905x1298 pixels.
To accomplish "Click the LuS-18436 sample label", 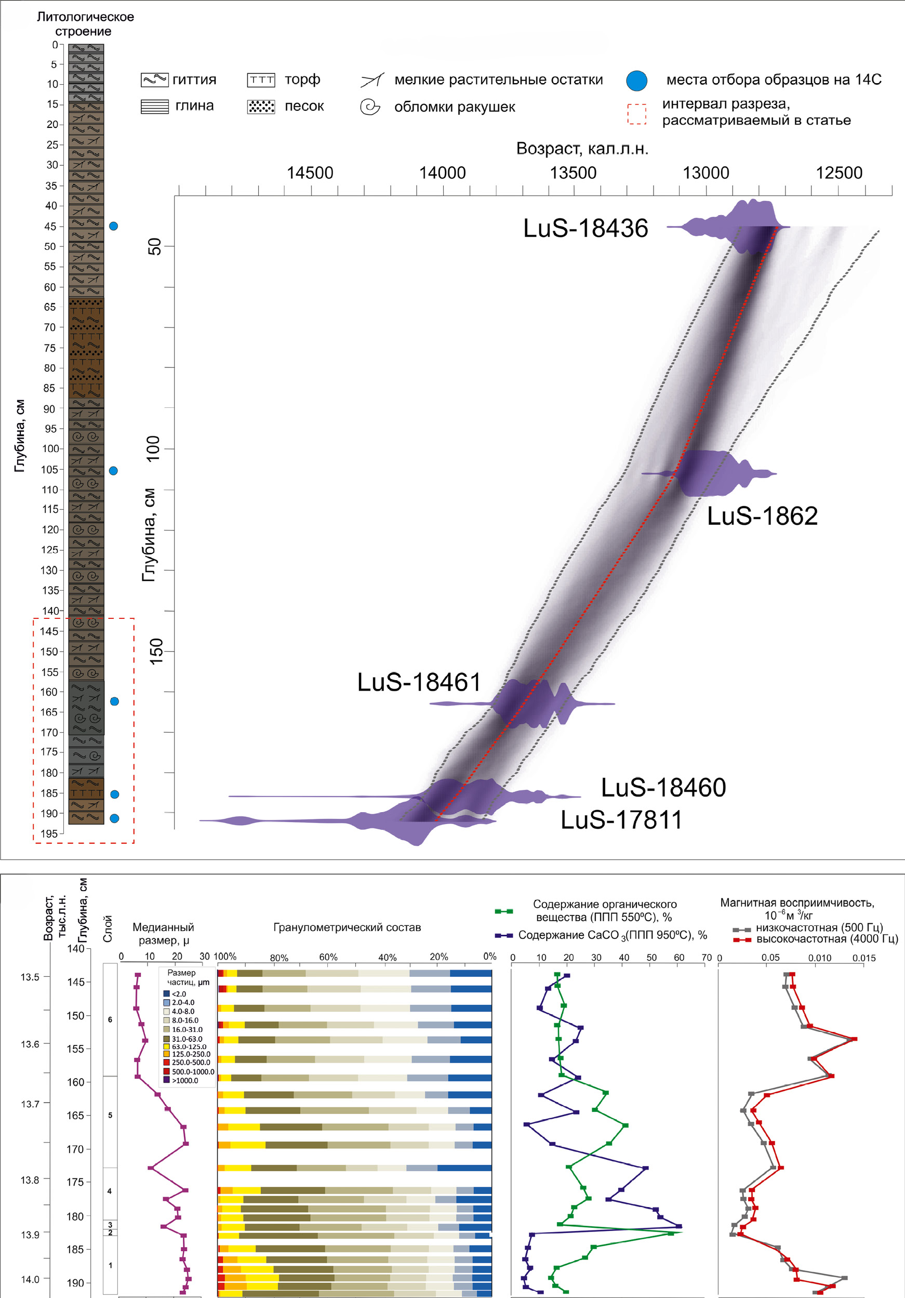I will (x=585, y=229).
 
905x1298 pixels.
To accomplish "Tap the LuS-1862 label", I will (x=762, y=516).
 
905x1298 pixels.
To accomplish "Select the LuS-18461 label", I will (x=419, y=682).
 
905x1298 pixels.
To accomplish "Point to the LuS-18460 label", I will (x=663, y=788).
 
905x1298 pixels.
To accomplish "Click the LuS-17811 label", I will (x=621, y=820).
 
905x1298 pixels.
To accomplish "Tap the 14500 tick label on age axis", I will (x=310, y=173).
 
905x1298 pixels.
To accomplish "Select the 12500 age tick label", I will (x=839, y=173).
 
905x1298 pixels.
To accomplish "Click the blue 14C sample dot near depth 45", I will (x=113, y=226).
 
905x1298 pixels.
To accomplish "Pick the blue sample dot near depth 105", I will (x=113, y=471).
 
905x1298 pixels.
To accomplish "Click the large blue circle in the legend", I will (x=636, y=81).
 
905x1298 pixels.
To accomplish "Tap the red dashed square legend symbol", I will (x=636, y=114).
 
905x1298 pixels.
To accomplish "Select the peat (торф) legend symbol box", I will (x=261, y=80).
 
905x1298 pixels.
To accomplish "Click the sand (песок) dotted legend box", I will (x=261, y=107).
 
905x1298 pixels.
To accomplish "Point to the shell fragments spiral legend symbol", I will (x=370, y=107).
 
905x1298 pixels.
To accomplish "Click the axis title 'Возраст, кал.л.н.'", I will (x=582, y=149).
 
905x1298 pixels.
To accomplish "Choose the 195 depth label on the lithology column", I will (x=49, y=834).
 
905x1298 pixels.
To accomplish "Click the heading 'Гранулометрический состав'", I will (x=347, y=928).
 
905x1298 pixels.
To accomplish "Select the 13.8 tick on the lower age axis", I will (x=30, y=1181).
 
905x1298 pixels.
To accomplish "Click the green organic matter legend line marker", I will (x=503, y=911).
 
